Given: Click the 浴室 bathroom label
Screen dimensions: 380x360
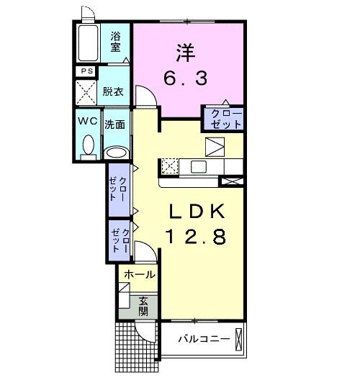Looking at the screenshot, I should pyautogui.click(x=115, y=41).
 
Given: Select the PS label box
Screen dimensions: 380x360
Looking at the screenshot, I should pyautogui.click(x=87, y=71).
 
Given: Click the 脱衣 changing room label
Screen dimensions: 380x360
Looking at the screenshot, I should pyautogui.click(x=112, y=91).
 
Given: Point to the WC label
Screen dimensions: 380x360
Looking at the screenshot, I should pyautogui.click(x=89, y=121).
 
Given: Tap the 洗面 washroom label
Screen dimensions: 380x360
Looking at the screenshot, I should pyautogui.click(x=115, y=124).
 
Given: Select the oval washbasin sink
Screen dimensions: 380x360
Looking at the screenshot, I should pyautogui.click(x=115, y=152).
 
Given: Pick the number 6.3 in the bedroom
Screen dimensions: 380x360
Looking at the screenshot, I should pyautogui.click(x=184, y=76).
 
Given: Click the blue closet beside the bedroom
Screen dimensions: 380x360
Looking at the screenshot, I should pyautogui.click(x=225, y=118).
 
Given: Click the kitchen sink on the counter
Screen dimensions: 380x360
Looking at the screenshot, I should pyautogui.click(x=198, y=167).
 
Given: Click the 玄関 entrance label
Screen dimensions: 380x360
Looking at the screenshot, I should pyautogui.click(x=143, y=305).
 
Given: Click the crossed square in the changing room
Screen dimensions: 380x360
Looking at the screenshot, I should pyautogui.click(x=87, y=92).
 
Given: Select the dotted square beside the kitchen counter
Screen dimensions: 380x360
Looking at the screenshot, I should pyautogui.click(x=170, y=166).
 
